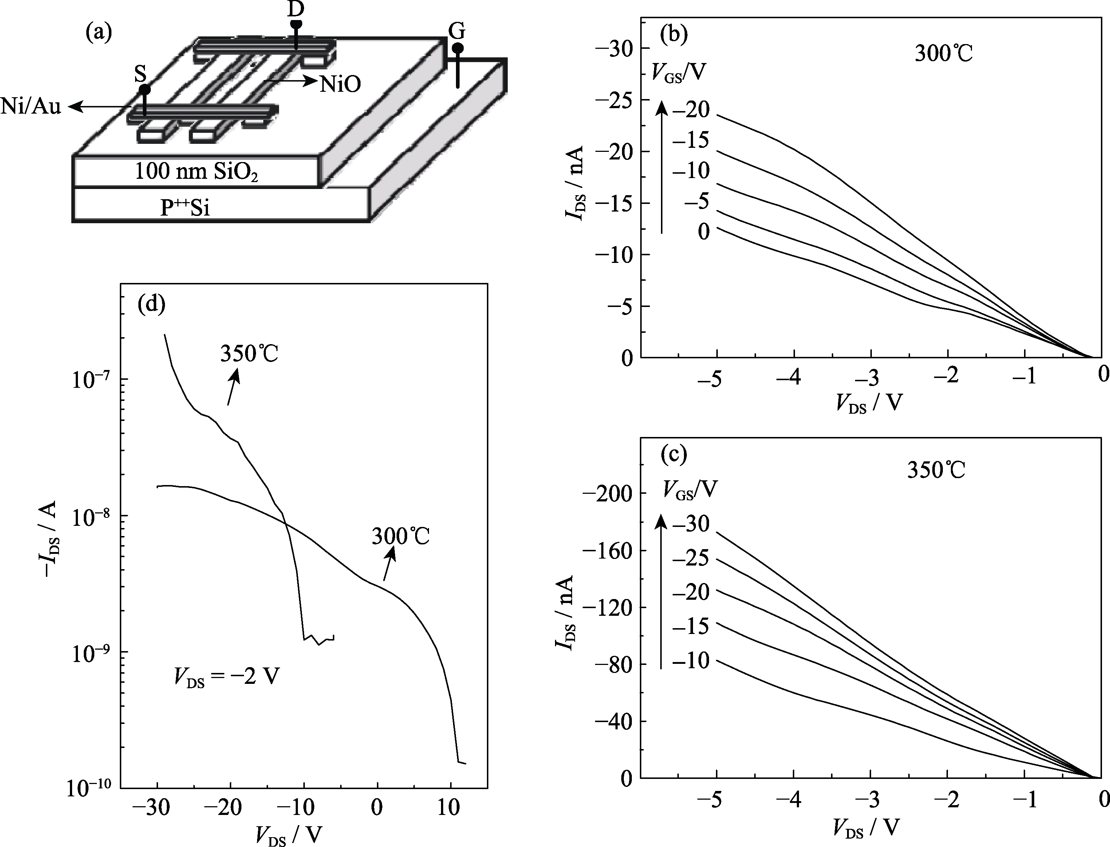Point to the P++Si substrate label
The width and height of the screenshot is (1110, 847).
point(185,207)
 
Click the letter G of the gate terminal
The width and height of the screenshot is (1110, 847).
point(456,32)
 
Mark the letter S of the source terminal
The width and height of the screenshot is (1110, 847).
point(140,75)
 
